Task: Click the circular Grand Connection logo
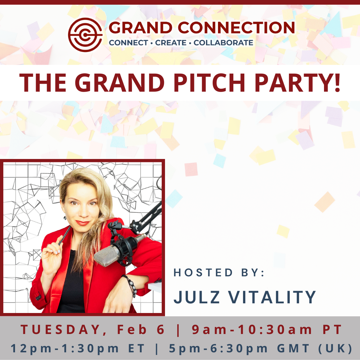(85, 35)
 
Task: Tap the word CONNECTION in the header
(236, 28)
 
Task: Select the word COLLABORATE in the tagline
(223, 43)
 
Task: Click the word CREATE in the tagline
(171, 43)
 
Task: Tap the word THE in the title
(43, 83)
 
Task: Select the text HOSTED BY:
(219, 273)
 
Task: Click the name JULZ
(196, 297)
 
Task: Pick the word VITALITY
(272, 297)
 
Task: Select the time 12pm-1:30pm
(65, 348)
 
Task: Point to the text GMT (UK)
(315, 348)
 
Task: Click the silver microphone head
(106, 256)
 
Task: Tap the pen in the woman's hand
(65, 235)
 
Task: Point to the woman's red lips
(82, 223)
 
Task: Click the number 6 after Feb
(161, 330)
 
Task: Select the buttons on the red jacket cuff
(38, 297)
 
